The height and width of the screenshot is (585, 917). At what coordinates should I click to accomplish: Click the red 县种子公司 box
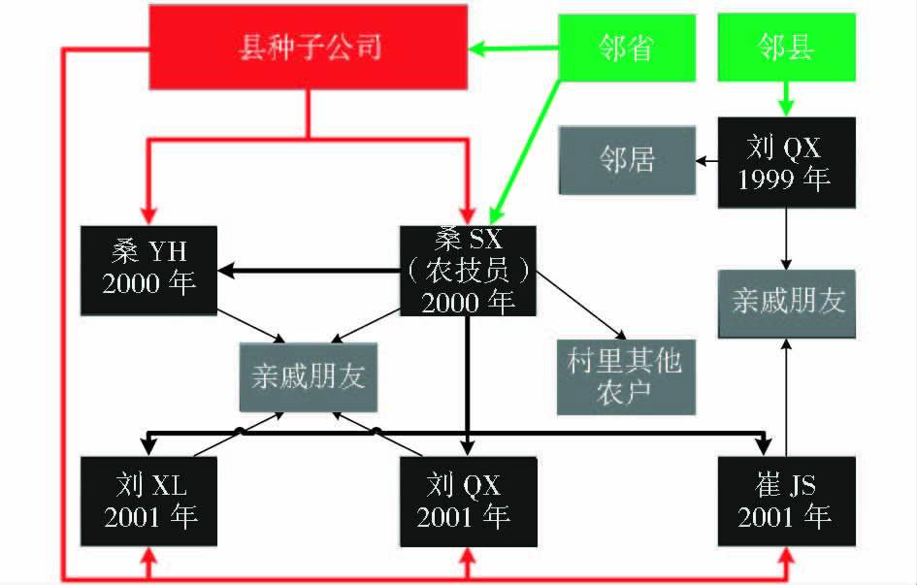[x=309, y=47]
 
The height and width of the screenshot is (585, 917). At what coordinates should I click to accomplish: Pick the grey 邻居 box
[x=626, y=160]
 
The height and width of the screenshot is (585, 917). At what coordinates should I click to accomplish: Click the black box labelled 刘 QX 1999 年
[x=786, y=162]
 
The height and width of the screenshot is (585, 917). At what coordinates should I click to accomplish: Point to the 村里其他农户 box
[x=626, y=376]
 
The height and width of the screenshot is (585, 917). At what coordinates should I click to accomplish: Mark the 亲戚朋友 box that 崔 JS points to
[x=786, y=302]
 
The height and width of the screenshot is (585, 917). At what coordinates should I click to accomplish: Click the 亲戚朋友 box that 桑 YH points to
[x=308, y=376]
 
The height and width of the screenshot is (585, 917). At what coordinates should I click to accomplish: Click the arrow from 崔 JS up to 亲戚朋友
[x=786, y=398]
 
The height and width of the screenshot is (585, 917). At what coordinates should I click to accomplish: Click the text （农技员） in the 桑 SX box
[x=467, y=271]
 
